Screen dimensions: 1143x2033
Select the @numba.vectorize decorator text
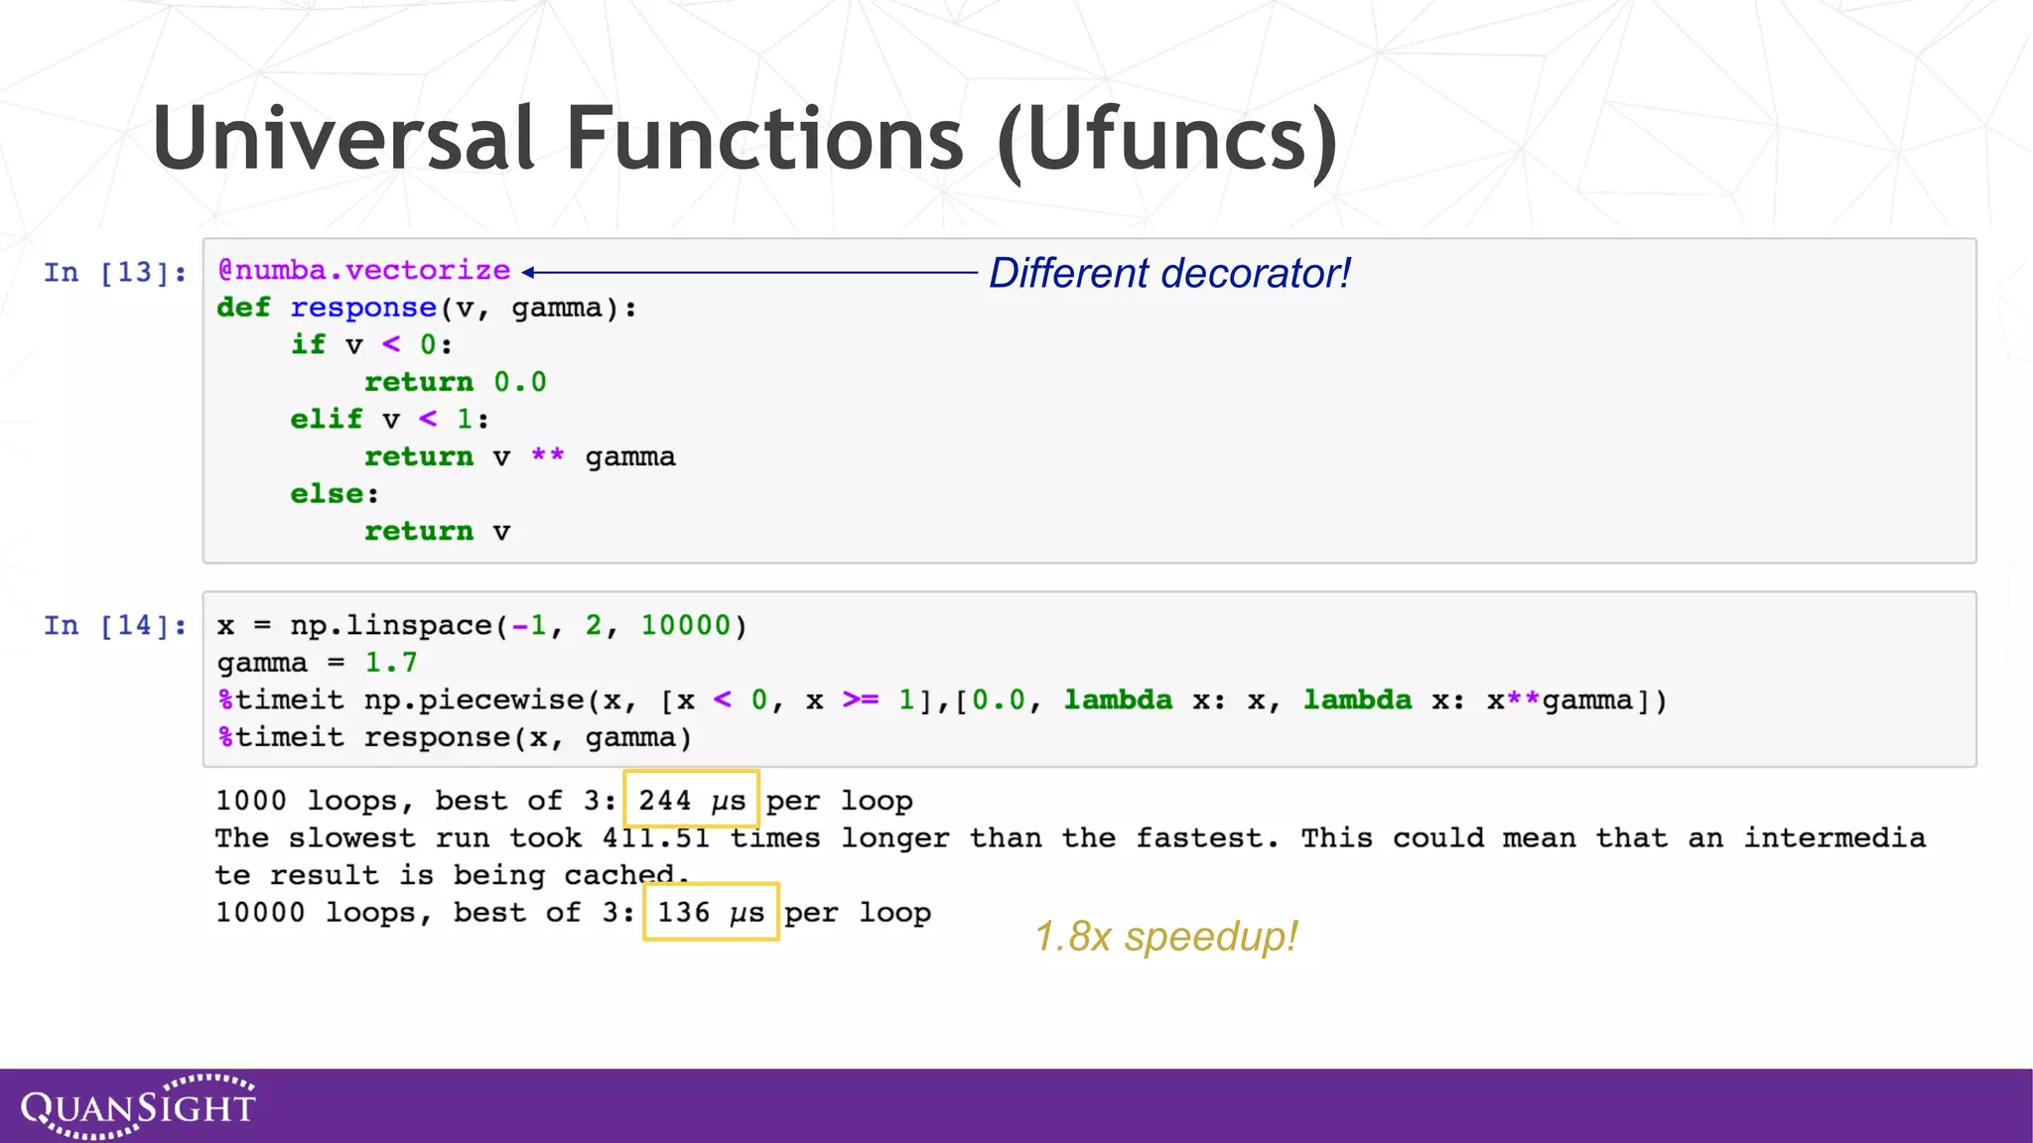pos(364,271)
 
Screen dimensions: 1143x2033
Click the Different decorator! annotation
pos(1169,273)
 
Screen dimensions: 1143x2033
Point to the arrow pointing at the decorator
pos(749,272)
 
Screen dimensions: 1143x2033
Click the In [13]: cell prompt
pos(114,272)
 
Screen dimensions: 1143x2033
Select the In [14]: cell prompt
pos(114,625)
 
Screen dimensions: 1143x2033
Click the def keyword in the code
pos(243,308)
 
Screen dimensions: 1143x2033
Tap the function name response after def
pos(363,308)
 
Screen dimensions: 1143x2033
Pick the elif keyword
pos(326,419)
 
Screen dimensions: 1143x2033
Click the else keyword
pos(326,494)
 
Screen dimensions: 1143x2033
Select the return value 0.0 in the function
pos(520,382)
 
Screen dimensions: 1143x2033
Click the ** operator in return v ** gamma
pos(547,456)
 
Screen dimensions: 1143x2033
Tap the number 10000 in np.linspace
pos(685,625)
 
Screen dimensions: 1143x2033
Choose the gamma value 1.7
pos(391,663)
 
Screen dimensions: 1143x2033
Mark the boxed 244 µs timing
pos(691,800)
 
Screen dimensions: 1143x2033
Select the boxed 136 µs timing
pos(711,912)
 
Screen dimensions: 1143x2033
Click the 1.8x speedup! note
pos(1165,937)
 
